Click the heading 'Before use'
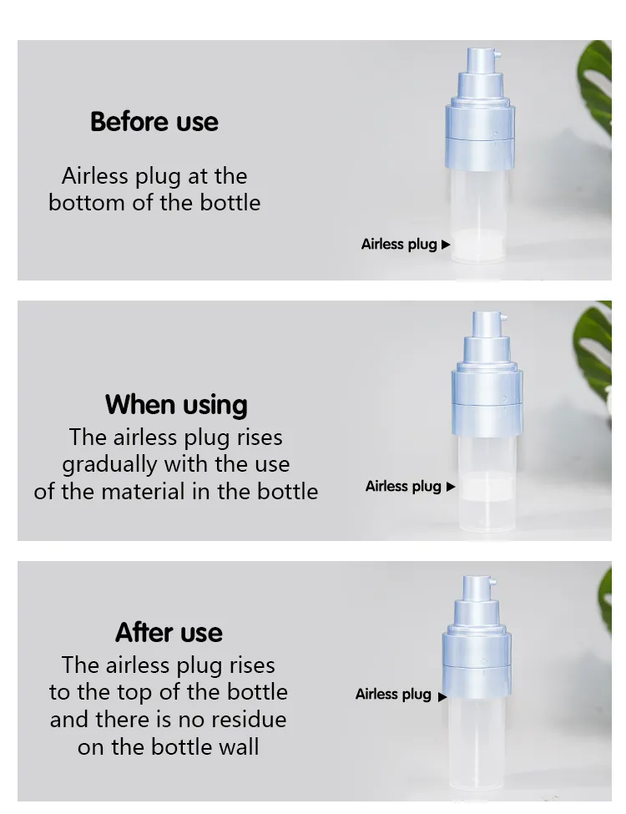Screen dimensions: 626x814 point(154,122)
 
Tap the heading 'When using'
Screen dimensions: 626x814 point(176,405)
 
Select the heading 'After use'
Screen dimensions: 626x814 point(169,632)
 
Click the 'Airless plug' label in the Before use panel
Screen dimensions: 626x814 point(399,244)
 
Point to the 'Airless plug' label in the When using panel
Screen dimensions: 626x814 point(403,487)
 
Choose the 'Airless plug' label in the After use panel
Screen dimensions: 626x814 point(393,694)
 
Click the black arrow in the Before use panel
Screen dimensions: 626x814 point(446,245)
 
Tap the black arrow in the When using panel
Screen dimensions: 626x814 point(451,487)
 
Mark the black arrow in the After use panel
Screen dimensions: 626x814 point(442,696)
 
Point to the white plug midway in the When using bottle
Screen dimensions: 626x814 point(487,489)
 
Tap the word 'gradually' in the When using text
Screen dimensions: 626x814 point(109,465)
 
